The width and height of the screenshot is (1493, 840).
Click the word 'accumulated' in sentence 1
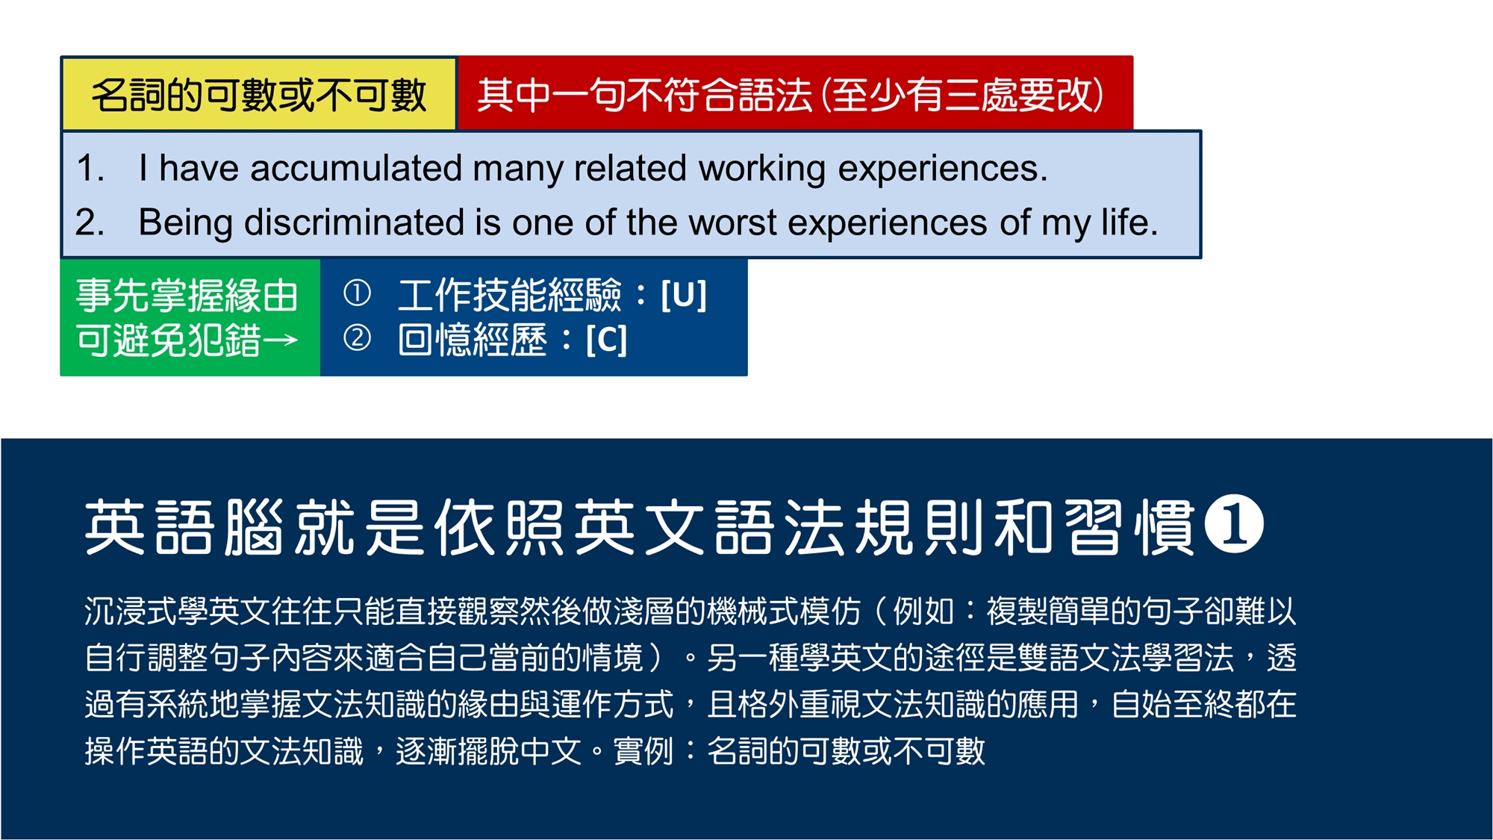355,168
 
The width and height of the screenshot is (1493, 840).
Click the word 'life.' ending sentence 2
1129,223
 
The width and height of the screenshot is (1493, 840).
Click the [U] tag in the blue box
683,295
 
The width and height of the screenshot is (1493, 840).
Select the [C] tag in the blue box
606,340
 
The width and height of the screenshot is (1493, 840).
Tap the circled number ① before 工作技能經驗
357,293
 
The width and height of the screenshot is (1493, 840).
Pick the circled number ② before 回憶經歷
357,337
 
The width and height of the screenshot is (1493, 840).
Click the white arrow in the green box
280,341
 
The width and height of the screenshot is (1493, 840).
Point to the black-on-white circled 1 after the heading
1234,523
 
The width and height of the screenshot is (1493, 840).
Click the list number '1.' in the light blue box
90,168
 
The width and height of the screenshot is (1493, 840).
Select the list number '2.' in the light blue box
90,223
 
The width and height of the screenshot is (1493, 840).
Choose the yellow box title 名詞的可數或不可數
259,95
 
